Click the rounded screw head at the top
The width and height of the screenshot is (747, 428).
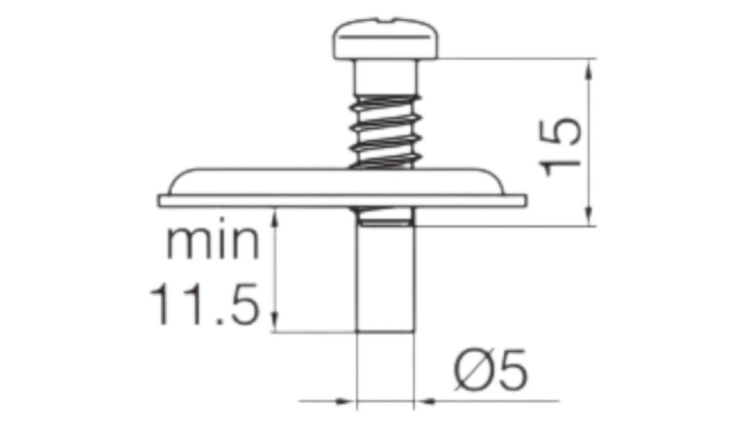click(x=385, y=40)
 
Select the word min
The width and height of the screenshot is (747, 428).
click(x=213, y=242)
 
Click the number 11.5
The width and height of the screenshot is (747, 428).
click(x=205, y=304)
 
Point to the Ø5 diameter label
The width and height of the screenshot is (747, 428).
click(x=492, y=370)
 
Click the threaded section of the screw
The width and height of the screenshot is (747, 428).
click(x=385, y=132)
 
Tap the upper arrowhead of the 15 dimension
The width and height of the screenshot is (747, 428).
click(x=590, y=69)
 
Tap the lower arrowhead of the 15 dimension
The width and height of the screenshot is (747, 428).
click(x=590, y=216)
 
